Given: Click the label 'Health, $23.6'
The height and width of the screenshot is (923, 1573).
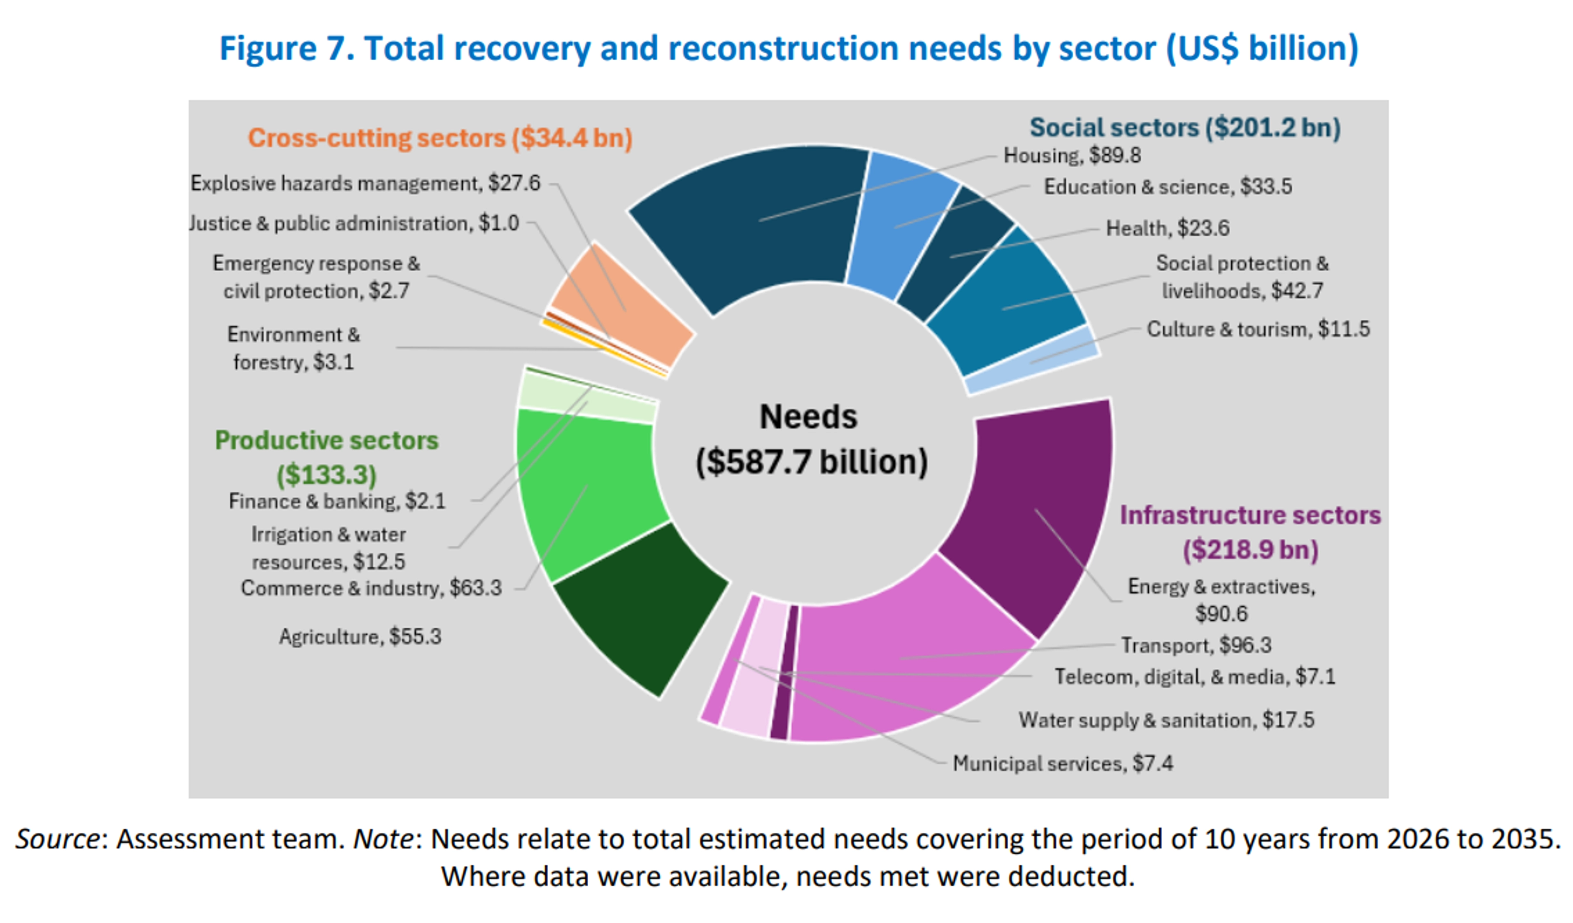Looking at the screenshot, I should pos(1167,229).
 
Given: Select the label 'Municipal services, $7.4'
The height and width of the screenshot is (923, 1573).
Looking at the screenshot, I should pos(1063,763).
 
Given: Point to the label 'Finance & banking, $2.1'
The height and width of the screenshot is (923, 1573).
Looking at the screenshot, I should pos(337,501).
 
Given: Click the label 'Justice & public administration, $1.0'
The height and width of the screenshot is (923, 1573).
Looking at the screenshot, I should pos(354,223).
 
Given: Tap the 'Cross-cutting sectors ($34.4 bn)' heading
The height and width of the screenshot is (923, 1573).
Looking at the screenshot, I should pos(440,138).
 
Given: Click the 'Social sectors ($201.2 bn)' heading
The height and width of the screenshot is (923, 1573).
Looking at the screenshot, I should pos(1185,127).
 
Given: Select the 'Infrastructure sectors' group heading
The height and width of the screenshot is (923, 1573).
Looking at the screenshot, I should pos(1250,515).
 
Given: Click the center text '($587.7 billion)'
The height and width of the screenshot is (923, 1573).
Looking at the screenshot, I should pos(811,462).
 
